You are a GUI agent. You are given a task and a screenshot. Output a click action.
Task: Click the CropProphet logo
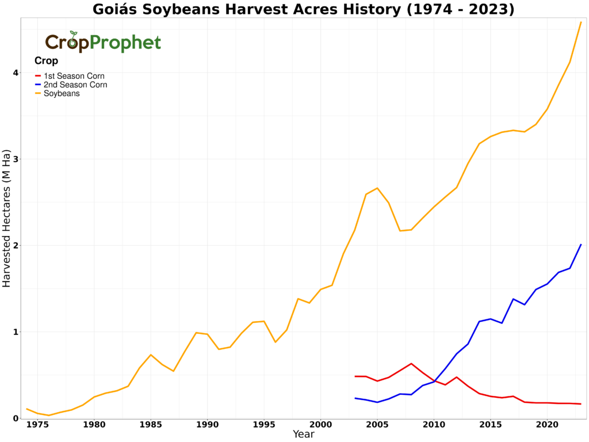point(103,42)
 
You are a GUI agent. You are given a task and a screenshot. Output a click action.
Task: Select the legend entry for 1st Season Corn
point(74,76)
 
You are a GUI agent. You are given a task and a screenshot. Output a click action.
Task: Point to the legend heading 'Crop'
point(46,61)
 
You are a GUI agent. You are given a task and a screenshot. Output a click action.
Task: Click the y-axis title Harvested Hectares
point(6,219)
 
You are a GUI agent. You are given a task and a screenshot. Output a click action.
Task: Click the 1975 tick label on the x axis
point(38,425)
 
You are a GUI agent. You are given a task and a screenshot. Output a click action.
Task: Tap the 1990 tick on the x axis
point(207,425)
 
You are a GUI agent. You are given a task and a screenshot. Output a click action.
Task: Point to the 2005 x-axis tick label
point(377,425)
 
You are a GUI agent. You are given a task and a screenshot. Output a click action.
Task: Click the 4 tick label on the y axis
point(16,73)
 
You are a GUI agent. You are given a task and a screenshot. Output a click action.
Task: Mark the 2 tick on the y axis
point(16,246)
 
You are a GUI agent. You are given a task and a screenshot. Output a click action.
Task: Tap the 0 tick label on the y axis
point(16,418)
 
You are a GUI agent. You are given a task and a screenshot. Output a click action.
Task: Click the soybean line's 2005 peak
point(377,188)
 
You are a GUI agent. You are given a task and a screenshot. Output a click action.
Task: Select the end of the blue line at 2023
point(581,245)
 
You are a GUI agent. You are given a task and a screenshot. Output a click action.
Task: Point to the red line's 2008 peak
point(411,364)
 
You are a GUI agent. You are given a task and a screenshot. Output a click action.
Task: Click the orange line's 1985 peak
point(151,355)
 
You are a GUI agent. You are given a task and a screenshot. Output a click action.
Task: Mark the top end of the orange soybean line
point(581,22)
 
